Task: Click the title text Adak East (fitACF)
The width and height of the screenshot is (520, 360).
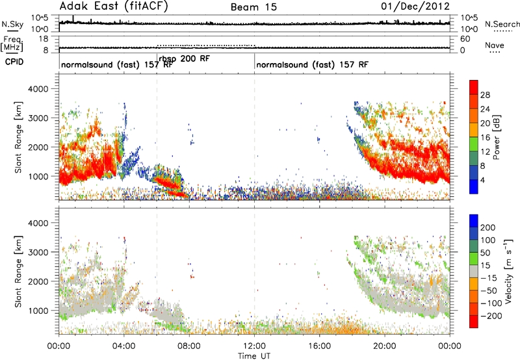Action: [x=114, y=6]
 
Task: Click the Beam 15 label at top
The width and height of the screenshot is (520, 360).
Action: [x=253, y=7]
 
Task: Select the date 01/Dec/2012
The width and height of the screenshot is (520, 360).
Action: [x=415, y=6]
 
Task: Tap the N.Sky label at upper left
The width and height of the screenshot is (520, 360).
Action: [x=12, y=24]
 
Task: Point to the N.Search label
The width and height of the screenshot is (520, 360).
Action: [x=502, y=24]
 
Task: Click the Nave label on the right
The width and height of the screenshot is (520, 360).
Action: [x=495, y=45]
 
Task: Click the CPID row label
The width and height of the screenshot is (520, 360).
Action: [x=14, y=62]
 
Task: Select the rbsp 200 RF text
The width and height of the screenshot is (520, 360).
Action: [x=185, y=58]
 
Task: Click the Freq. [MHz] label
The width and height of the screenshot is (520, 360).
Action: [x=12, y=44]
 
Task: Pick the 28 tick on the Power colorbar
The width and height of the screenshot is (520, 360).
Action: [x=485, y=95]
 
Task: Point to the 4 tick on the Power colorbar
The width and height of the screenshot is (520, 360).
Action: [x=483, y=181]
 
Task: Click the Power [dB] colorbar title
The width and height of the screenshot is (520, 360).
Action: [x=496, y=137]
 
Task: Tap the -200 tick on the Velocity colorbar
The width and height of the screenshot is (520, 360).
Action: [x=491, y=316]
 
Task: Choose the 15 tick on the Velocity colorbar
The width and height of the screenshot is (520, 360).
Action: [x=485, y=265]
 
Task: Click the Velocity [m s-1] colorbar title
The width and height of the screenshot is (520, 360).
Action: [x=508, y=271]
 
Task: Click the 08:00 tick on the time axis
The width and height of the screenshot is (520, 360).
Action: [x=189, y=346]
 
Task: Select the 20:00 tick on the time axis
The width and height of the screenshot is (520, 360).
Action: [x=385, y=346]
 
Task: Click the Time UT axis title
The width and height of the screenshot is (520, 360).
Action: [x=254, y=356]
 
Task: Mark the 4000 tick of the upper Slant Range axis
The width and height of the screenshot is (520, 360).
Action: [x=39, y=89]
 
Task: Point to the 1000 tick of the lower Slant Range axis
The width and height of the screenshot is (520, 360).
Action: [x=39, y=311]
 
